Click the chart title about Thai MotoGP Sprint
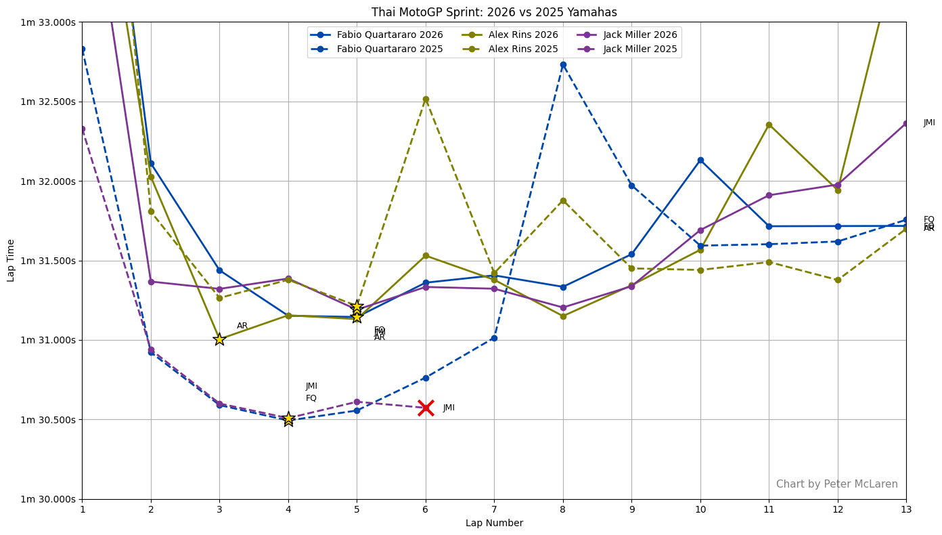494,12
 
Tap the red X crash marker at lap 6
426,408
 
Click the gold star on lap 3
219,339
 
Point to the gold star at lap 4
288,419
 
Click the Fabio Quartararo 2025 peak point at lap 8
563,65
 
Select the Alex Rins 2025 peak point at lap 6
426,100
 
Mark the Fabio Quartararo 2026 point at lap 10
700,160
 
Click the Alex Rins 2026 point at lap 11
769,125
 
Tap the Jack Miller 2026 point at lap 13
906,123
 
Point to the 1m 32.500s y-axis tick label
48,102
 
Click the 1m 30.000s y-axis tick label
48,499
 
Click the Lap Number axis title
494,523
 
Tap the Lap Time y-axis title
12,260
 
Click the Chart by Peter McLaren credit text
836,484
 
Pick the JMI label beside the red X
449,408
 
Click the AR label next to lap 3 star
242,326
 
